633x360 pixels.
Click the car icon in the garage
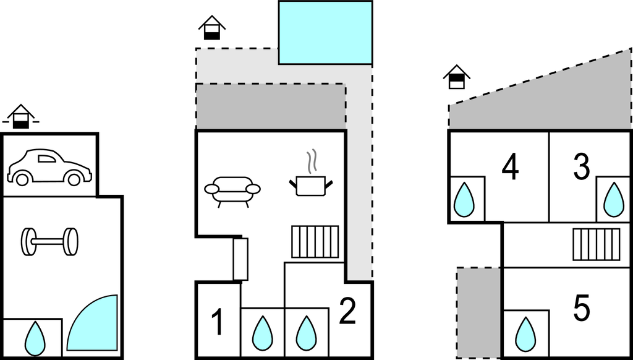click(x=49, y=168)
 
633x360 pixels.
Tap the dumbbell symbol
click(x=49, y=242)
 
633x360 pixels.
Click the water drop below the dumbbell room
click(x=35, y=338)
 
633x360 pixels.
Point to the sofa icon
click(x=232, y=192)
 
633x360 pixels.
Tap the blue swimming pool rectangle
click(x=325, y=33)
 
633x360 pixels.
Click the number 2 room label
click(x=347, y=311)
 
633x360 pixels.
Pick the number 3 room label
click(x=581, y=166)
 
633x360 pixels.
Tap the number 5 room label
click(x=582, y=308)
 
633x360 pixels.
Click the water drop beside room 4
click(x=464, y=200)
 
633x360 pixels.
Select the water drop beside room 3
click(x=614, y=200)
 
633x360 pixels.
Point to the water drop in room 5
click(x=525, y=335)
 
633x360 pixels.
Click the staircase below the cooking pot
click(x=315, y=242)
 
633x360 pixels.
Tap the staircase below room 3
click(x=597, y=244)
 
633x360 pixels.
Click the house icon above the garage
click(x=21, y=116)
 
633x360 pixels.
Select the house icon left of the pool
click(x=212, y=27)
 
